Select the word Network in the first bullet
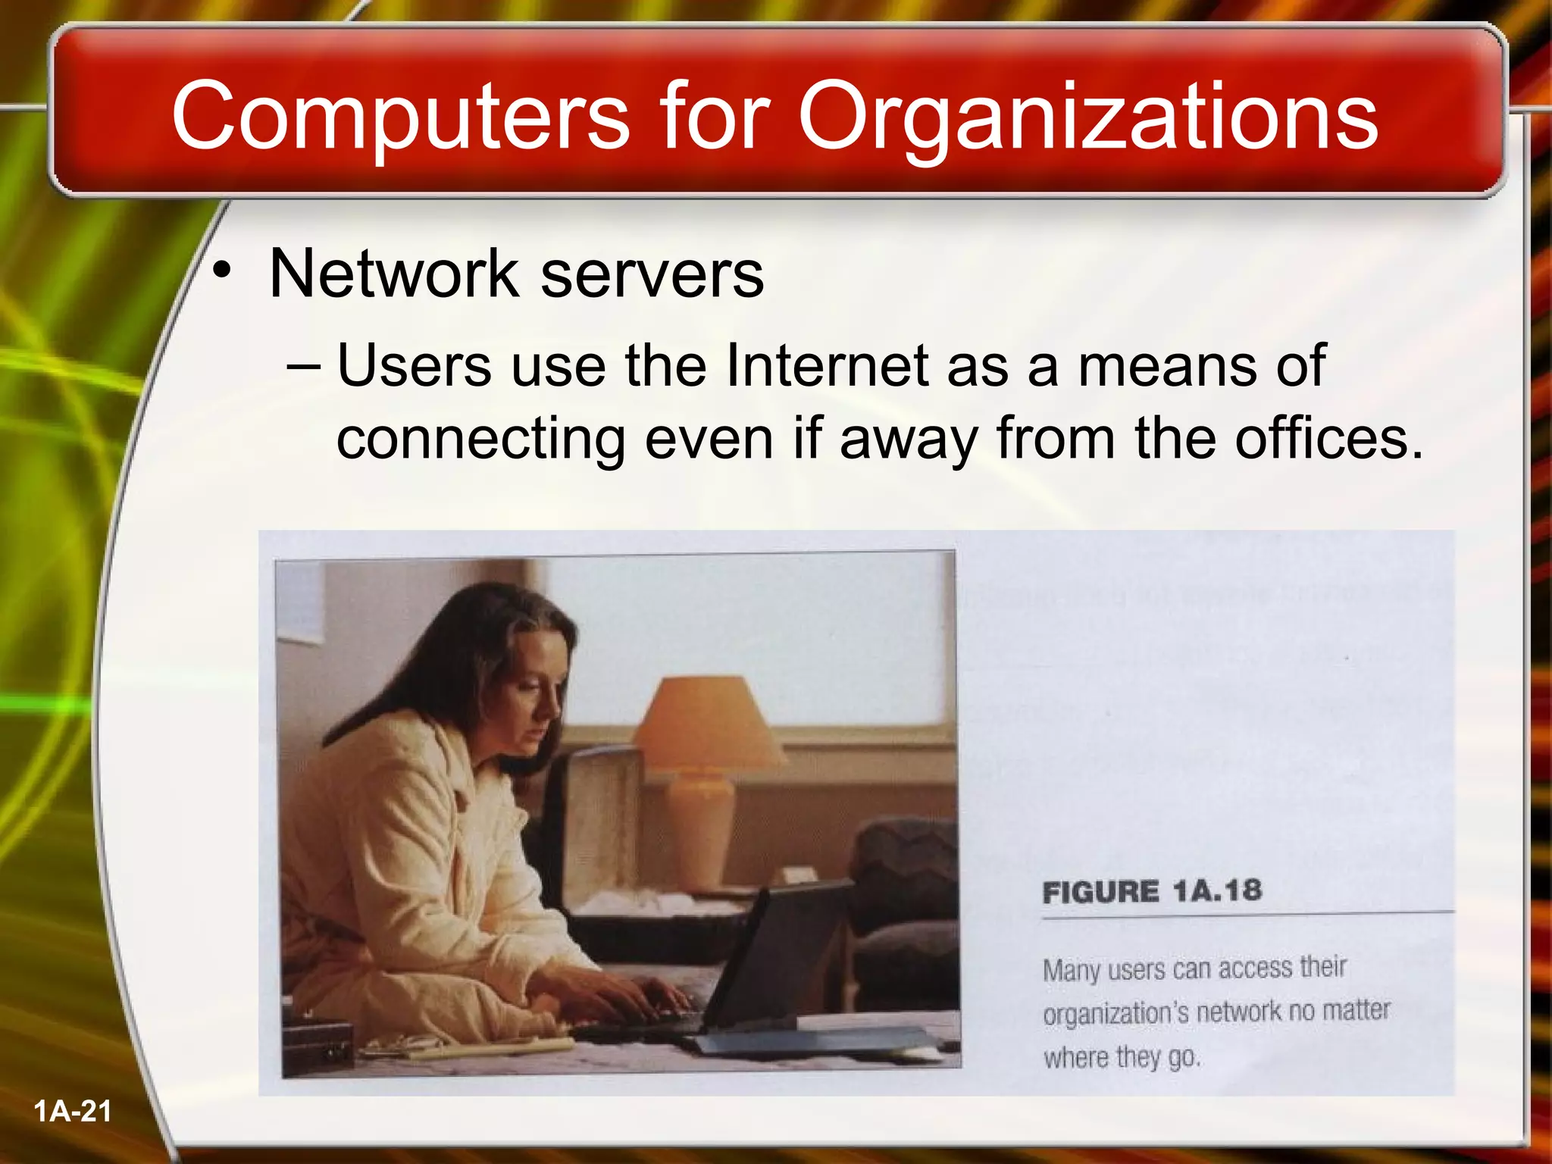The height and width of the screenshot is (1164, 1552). coord(393,274)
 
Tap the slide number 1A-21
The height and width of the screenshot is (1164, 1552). coord(73,1112)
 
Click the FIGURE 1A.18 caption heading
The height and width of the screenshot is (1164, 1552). coord(1152,891)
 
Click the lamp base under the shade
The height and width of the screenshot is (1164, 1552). coord(701,818)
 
